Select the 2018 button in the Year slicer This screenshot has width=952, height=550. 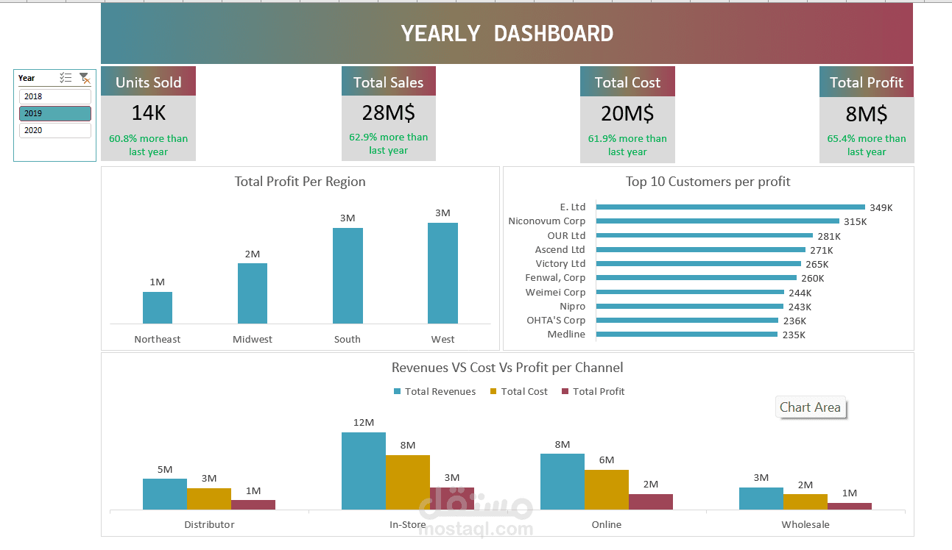click(54, 96)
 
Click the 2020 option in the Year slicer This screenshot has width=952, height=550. click(54, 130)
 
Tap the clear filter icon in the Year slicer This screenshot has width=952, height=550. click(85, 78)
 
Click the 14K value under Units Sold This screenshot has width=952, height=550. click(148, 113)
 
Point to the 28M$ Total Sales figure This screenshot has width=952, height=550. click(388, 113)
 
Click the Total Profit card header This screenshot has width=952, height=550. click(866, 82)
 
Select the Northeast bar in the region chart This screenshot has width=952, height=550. click(158, 307)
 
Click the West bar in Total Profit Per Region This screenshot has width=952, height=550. click(442, 274)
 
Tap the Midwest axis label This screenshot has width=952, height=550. click(253, 339)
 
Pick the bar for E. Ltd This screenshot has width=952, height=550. click(730, 207)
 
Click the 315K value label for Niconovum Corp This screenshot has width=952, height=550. click(855, 221)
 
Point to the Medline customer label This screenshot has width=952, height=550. click(566, 335)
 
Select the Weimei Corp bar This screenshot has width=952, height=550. click(690, 292)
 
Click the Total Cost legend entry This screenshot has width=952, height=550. click(519, 391)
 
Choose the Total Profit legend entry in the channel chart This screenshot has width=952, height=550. click(593, 391)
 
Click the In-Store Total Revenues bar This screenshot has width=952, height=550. click(364, 471)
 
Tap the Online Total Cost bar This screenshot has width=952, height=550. click(607, 490)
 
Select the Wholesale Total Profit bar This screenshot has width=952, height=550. click(850, 507)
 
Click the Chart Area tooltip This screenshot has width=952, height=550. click(810, 407)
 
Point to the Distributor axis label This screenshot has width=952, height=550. click(209, 524)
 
